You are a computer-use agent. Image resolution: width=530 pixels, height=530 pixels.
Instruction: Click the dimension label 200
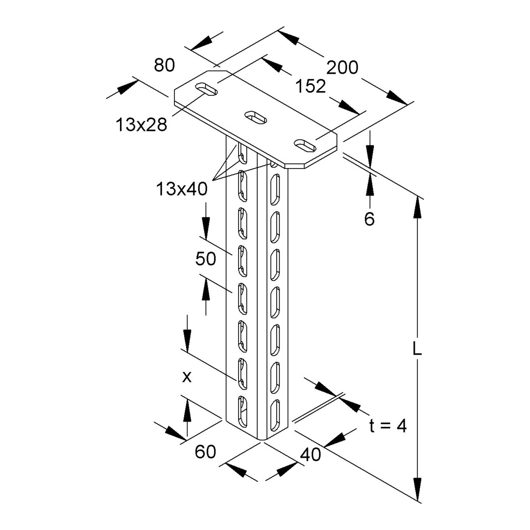342,67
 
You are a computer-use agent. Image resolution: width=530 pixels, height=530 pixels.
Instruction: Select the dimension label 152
310,86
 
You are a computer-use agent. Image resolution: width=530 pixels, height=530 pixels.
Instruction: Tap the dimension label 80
164,65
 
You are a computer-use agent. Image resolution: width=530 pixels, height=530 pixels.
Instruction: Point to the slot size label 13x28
141,124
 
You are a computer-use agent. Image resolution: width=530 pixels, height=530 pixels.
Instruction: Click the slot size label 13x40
182,188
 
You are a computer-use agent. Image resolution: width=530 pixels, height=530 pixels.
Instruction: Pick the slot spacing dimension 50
206,259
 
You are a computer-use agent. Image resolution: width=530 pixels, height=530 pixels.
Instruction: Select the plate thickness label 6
370,219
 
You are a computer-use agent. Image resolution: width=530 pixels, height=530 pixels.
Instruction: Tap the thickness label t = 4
388,426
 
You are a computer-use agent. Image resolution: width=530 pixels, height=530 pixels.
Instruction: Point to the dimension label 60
205,451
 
